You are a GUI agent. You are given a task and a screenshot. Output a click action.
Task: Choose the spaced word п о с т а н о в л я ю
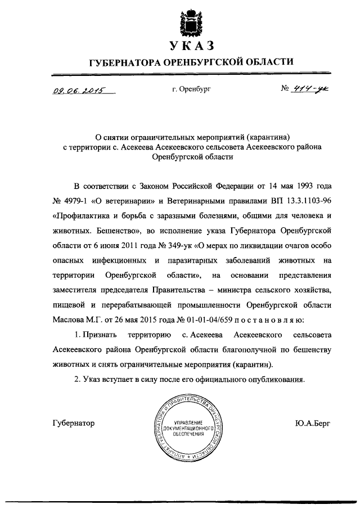coord(265,320)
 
